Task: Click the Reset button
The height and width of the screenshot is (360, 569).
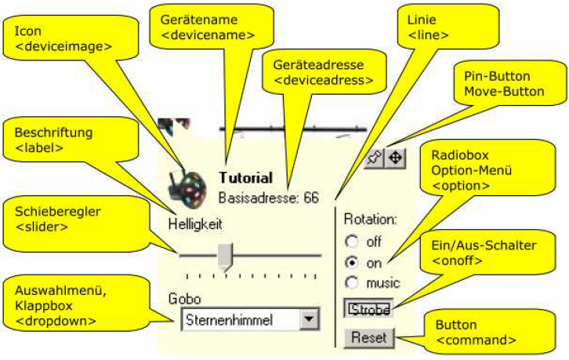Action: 369,338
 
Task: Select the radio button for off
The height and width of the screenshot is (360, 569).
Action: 352,242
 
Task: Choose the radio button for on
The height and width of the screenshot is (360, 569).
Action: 352,262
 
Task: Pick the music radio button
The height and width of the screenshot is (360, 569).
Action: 352,282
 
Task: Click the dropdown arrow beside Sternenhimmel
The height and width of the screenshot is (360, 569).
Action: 310,319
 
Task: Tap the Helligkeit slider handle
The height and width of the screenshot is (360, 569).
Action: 226,256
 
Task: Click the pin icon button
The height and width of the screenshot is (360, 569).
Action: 375,158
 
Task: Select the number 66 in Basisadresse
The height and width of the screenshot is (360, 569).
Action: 311,198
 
